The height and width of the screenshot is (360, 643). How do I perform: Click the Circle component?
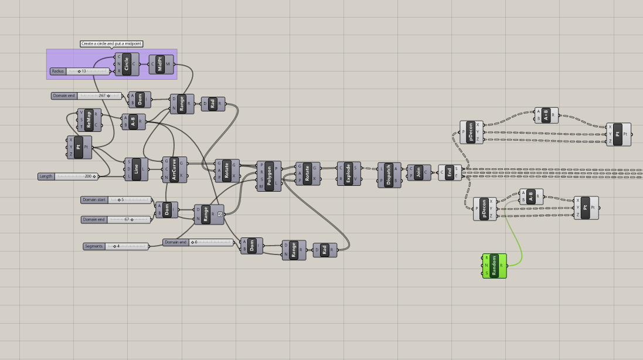coord(127,64)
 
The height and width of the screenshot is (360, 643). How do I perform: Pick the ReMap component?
coord(89,120)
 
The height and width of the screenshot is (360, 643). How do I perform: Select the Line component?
coord(136,169)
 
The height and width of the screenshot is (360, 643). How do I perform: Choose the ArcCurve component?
coord(174,169)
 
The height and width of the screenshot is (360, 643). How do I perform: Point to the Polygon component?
coord(269,175)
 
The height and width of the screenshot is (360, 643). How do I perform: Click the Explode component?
coord(348,174)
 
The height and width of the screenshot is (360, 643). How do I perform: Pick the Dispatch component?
coord(389,175)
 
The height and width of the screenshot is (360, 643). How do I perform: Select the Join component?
coord(418,172)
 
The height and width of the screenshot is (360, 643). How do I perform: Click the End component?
coord(450,172)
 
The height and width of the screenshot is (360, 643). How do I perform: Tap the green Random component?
coord(494,266)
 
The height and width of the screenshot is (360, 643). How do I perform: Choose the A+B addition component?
coord(546,116)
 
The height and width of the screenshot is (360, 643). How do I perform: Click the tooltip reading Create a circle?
coord(111,43)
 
